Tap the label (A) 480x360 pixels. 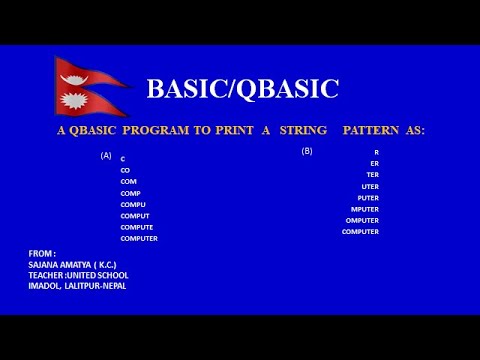(x=106, y=156)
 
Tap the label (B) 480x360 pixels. (x=307, y=151)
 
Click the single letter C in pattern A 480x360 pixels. (x=123, y=159)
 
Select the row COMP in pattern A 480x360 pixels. (x=130, y=193)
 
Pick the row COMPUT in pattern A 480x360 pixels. (x=135, y=216)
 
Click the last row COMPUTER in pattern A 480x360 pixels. (x=139, y=239)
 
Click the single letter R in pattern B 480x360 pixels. (x=376, y=152)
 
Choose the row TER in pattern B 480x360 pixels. (x=372, y=175)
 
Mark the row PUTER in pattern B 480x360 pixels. (x=367, y=198)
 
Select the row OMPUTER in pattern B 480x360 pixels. (x=362, y=220)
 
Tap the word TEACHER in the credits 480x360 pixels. (x=47, y=275)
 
